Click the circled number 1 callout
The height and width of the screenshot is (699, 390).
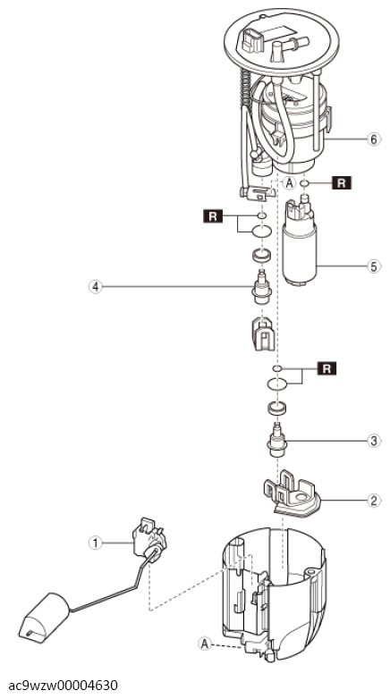pos(95,543)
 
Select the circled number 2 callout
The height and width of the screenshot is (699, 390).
pos(374,501)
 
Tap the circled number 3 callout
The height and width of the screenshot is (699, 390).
pos(374,441)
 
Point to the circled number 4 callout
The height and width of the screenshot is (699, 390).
pos(95,287)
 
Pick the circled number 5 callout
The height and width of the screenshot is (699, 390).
pos(374,266)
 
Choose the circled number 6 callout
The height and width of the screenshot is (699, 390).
pos(374,139)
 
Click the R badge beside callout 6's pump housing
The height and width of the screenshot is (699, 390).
pos(342,182)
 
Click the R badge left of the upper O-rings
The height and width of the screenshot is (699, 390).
pos(213,216)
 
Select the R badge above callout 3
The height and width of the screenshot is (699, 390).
pos(326,368)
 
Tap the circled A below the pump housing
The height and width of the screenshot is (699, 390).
pos(290,182)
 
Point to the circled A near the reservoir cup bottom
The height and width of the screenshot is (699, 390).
pos(205,644)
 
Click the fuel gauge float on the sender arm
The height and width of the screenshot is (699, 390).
pos(44,618)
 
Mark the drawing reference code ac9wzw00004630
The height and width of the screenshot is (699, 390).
pos(63,685)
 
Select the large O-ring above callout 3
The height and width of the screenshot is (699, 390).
pos(277,383)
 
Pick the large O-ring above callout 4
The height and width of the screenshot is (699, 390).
pos(262,232)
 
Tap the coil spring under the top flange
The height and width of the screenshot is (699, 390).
pos(245,88)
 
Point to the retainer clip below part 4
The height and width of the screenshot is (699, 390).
pos(263,333)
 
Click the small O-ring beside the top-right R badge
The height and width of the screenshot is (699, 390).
pos(305,182)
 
